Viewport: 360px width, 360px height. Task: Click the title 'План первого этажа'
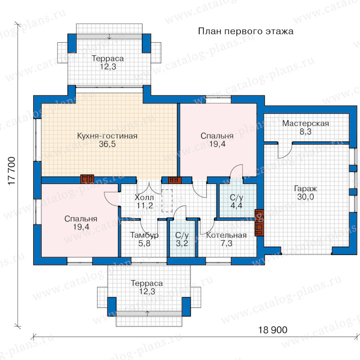click(x=246, y=31)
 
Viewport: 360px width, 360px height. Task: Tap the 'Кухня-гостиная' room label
click(x=107, y=136)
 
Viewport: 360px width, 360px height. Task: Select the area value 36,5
click(x=107, y=144)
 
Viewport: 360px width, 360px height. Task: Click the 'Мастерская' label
click(x=306, y=124)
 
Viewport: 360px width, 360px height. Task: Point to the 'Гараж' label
click(x=305, y=189)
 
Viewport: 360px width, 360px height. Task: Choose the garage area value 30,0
click(x=305, y=197)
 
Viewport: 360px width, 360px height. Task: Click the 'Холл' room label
click(x=144, y=197)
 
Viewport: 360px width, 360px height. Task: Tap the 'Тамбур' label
click(x=144, y=235)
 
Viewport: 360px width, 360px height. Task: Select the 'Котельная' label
click(x=226, y=235)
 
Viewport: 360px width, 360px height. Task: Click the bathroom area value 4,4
click(x=236, y=206)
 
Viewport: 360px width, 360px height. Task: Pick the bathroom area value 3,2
click(x=182, y=243)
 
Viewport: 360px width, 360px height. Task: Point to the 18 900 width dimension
click(x=273, y=330)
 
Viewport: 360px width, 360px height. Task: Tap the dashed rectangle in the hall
click(x=167, y=200)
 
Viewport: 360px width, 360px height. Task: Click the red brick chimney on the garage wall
click(x=259, y=222)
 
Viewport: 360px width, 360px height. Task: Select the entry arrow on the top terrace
click(x=109, y=36)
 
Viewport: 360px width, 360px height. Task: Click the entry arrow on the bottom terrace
click(x=148, y=314)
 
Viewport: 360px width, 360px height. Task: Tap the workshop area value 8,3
click(x=306, y=132)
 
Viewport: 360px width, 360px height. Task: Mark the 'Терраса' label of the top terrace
click(x=108, y=58)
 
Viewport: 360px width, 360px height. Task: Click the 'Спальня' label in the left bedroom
click(x=81, y=218)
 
